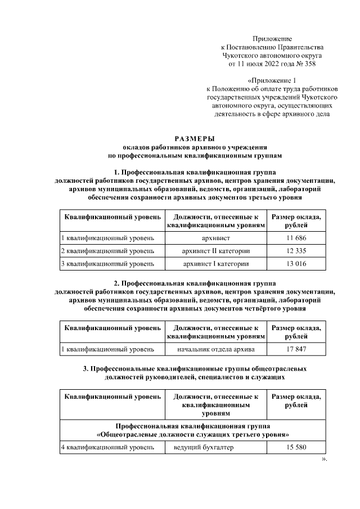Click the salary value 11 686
[x=296, y=238]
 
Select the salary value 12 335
[x=296, y=251]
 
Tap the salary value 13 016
[x=296, y=263]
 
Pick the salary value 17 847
[x=296, y=349]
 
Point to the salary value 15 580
[x=296, y=448]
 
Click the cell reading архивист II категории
[x=217, y=251]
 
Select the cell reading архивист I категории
[x=217, y=263]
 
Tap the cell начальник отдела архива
[x=217, y=349]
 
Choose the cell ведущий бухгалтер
[x=204, y=448]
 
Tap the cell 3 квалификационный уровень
[x=107, y=263]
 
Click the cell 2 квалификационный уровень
[x=107, y=251]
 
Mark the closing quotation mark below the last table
[x=323, y=458]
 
